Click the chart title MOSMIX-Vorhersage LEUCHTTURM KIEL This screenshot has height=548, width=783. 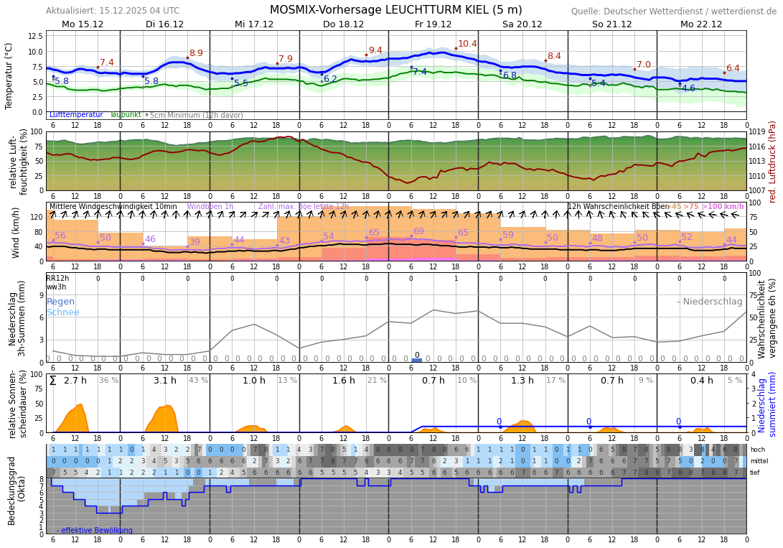395,10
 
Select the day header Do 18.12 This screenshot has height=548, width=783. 343,24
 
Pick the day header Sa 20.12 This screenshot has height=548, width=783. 522,24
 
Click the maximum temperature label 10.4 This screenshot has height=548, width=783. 467,44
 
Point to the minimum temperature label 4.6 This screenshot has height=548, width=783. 688,88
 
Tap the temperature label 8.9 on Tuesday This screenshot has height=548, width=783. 196,53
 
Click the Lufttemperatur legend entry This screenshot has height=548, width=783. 76,115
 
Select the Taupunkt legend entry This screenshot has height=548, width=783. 126,115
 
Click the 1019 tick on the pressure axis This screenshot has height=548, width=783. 757,132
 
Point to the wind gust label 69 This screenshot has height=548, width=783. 418,231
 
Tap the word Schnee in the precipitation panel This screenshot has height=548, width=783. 63,312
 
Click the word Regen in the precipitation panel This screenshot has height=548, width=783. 61,302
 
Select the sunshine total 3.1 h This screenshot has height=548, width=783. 164,381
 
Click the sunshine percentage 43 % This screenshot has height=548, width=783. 198,381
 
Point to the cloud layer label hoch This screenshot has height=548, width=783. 757,450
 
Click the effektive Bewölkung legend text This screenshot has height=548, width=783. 97,531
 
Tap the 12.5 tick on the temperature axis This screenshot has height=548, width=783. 35,36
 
